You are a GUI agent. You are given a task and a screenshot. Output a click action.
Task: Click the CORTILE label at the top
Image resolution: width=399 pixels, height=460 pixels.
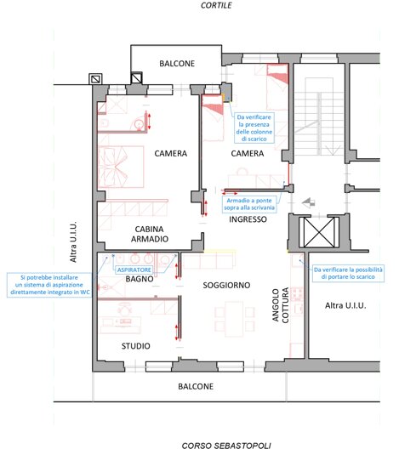(x=216, y=5)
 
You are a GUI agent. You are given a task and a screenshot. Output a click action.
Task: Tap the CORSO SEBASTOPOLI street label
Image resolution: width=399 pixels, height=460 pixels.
(x=226, y=446)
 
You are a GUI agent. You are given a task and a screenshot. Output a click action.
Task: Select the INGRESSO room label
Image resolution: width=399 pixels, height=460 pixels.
(x=248, y=219)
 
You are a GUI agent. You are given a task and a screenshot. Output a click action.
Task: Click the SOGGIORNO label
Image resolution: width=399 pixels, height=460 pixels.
(x=226, y=285)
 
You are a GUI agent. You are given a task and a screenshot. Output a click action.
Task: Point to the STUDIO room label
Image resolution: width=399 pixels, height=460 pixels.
(x=135, y=346)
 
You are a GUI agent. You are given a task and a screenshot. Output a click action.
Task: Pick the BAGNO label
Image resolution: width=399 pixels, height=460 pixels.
(x=140, y=279)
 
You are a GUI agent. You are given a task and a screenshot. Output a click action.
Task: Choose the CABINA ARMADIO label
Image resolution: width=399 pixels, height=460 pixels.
(x=150, y=234)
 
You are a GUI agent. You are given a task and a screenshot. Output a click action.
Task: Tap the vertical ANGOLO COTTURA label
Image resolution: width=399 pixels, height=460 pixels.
(x=280, y=304)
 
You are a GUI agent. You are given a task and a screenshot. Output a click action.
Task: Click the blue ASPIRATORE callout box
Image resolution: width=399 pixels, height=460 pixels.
(x=134, y=270)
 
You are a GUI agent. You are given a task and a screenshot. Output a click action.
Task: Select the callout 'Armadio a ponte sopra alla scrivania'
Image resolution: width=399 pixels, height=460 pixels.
(x=249, y=204)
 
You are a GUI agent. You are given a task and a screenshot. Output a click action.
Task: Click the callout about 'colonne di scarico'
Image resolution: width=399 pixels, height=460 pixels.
(x=254, y=128)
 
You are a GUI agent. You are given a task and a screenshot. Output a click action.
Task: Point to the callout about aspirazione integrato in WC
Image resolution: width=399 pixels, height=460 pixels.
(x=49, y=285)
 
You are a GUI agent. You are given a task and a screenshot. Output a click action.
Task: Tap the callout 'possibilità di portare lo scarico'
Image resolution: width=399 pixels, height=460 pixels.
(x=348, y=273)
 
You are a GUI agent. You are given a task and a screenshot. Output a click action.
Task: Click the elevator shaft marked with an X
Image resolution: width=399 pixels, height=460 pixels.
(x=319, y=232)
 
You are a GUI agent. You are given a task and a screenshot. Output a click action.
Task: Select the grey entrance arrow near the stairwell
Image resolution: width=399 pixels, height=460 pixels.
(x=309, y=202)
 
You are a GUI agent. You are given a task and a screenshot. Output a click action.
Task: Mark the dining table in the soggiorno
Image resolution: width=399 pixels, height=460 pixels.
(x=234, y=319)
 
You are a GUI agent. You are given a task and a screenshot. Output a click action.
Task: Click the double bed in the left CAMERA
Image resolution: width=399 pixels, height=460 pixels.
(x=121, y=167)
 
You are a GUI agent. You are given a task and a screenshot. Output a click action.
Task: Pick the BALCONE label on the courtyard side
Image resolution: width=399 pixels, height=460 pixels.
(x=177, y=64)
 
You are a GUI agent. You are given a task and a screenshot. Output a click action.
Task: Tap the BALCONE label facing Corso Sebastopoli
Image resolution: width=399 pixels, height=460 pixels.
(x=196, y=386)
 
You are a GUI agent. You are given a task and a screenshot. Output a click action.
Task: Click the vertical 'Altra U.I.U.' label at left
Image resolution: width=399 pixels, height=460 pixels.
(x=73, y=241)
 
